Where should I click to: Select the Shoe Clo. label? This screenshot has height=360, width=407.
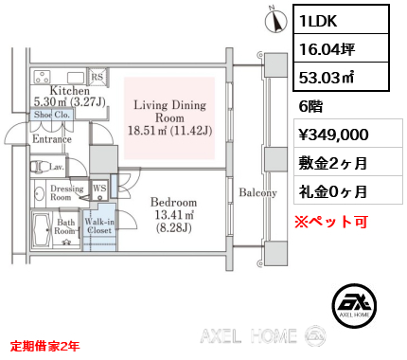(53, 116)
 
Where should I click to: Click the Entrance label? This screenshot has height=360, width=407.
(53, 139)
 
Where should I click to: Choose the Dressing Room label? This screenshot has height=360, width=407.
(65, 193)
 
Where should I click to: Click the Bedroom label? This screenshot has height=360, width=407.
(173, 202)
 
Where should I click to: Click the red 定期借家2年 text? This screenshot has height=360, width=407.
(45, 346)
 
